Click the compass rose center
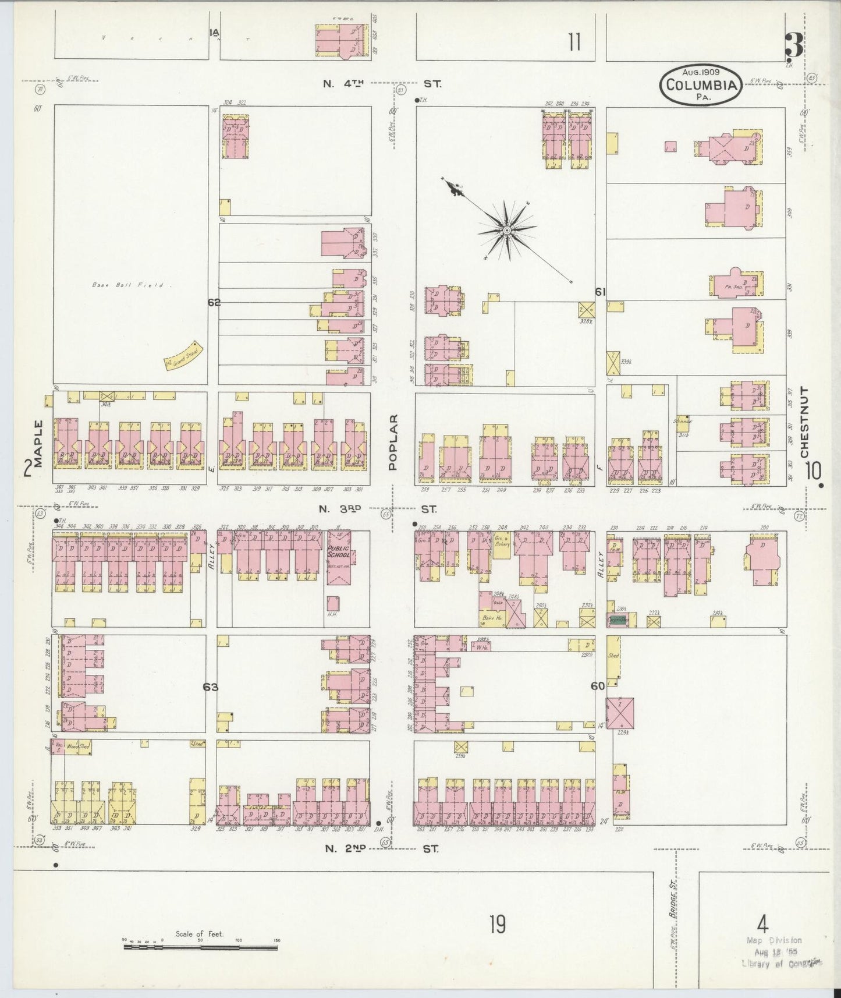(x=507, y=230)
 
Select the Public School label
(x=339, y=551)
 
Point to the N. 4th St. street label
(x=382, y=84)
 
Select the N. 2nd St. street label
(x=381, y=849)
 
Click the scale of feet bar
(x=200, y=948)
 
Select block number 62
(x=214, y=302)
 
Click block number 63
(x=210, y=687)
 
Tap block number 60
(x=597, y=686)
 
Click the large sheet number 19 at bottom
(x=497, y=924)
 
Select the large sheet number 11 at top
(x=574, y=43)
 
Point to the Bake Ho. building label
(x=492, y=617)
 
